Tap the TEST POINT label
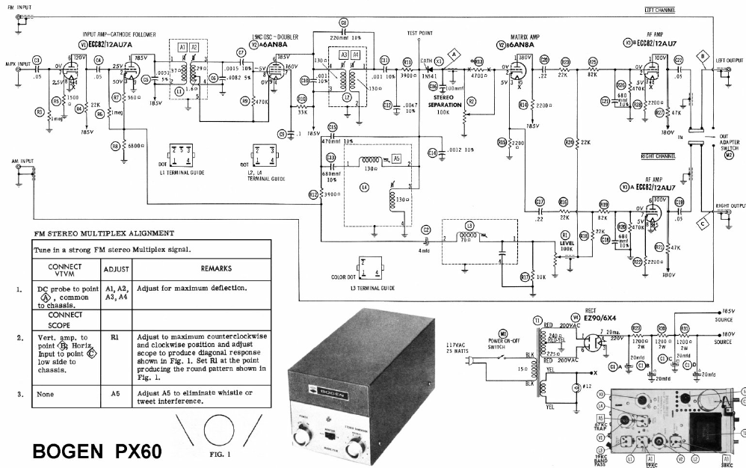click(x=420, y=34)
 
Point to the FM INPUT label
click(x=19, y=6)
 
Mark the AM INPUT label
click(x=18, y=161)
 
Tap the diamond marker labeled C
click(x=703, y=222)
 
